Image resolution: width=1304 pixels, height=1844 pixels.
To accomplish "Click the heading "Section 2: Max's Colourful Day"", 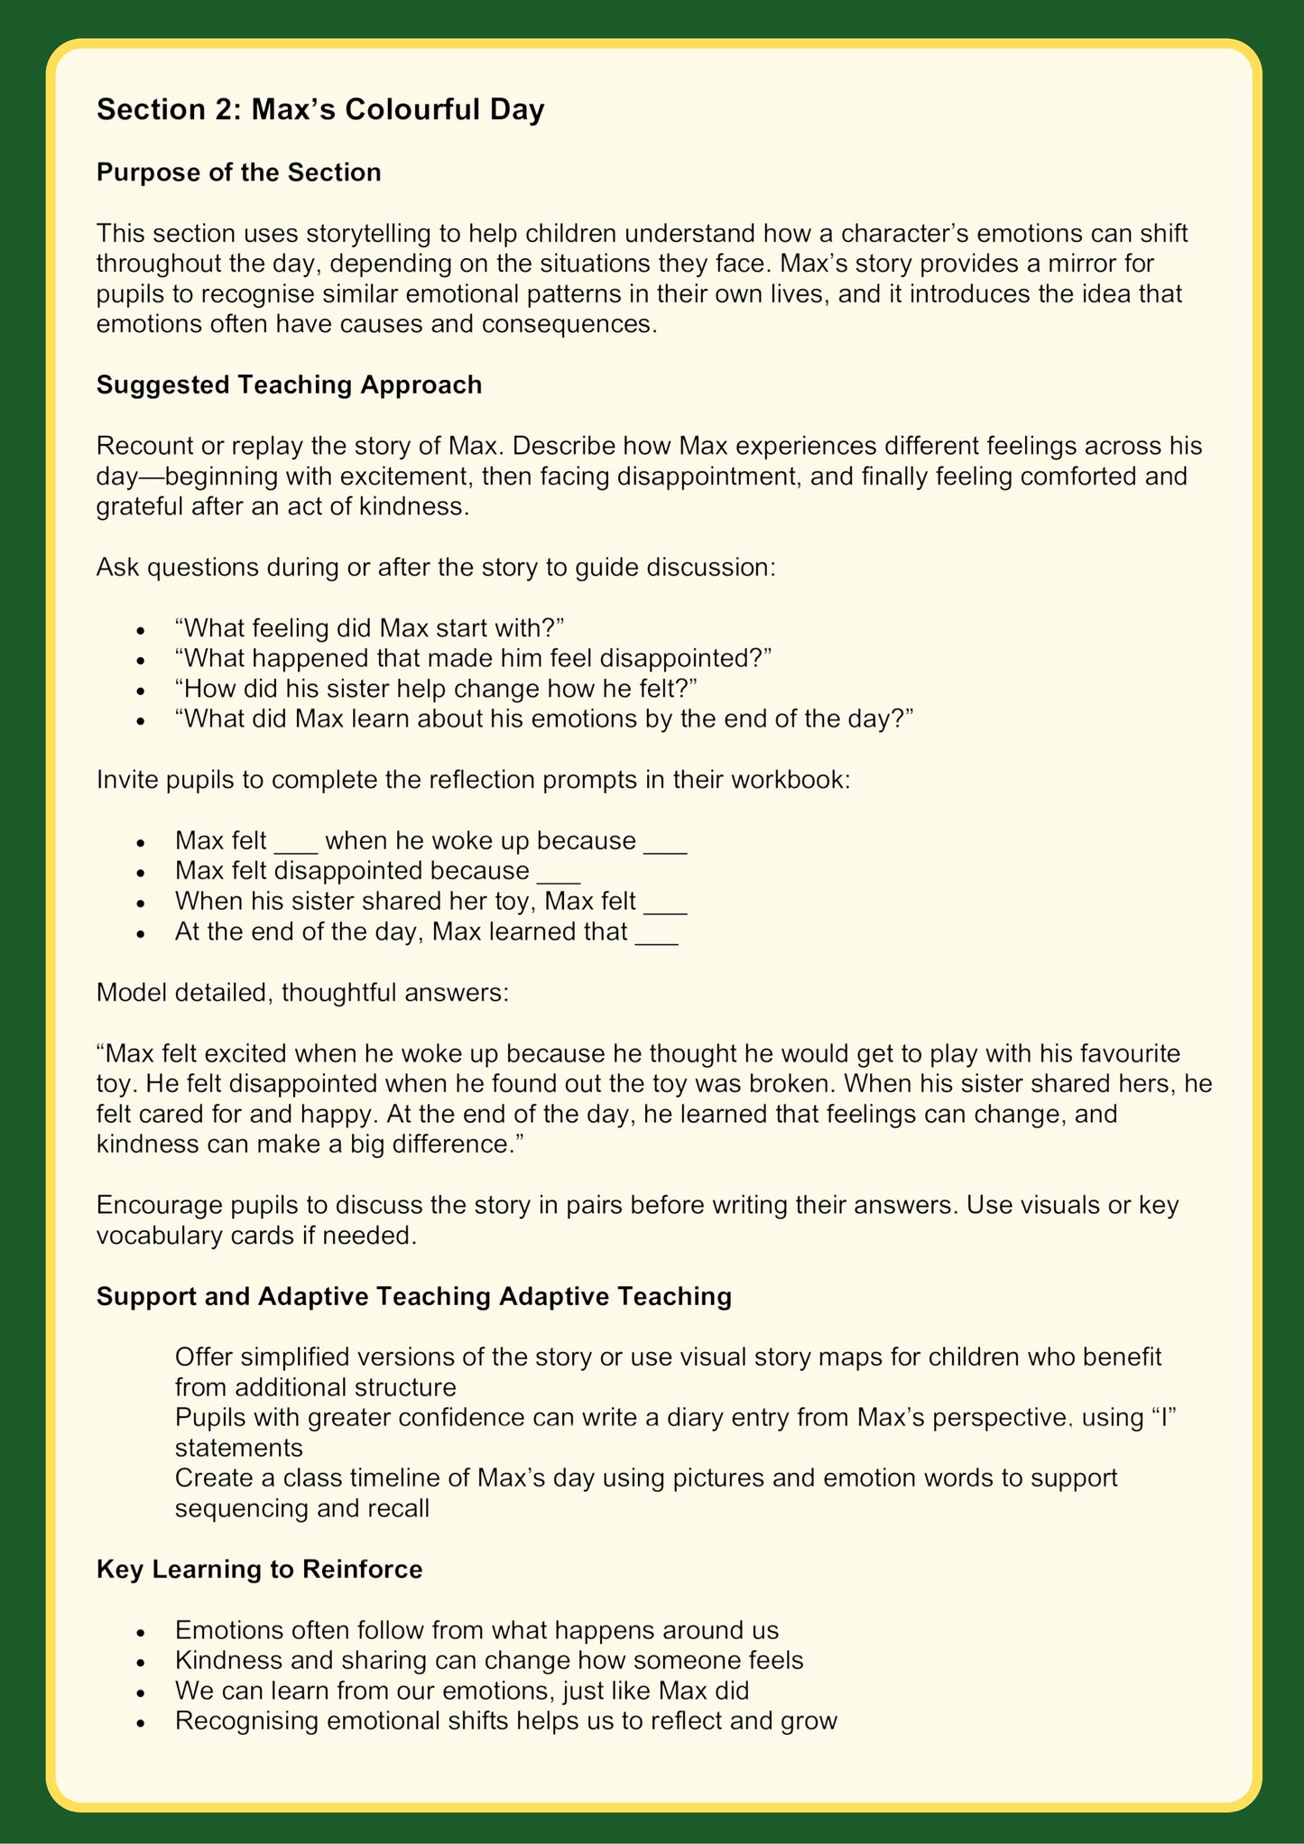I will [x=320, y=110].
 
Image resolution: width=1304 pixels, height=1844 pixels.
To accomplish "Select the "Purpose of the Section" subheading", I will [x=238, y=172].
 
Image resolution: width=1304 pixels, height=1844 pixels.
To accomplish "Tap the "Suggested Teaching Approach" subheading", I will [x=289, y=385].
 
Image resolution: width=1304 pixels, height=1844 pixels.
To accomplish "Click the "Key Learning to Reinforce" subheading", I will [x=259, y=1569].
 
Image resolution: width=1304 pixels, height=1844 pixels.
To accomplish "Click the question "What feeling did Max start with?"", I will [x=369, y=628].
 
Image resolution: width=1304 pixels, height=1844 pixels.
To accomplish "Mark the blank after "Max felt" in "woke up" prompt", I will [x=296, y=842].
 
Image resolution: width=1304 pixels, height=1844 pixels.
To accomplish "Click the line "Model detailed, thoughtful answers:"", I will [x=302, y=993].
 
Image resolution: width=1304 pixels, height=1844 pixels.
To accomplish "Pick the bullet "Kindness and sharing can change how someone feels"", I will [x=488, y=1660].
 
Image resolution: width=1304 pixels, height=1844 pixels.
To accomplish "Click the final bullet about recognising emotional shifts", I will [x=505, y=1720].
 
